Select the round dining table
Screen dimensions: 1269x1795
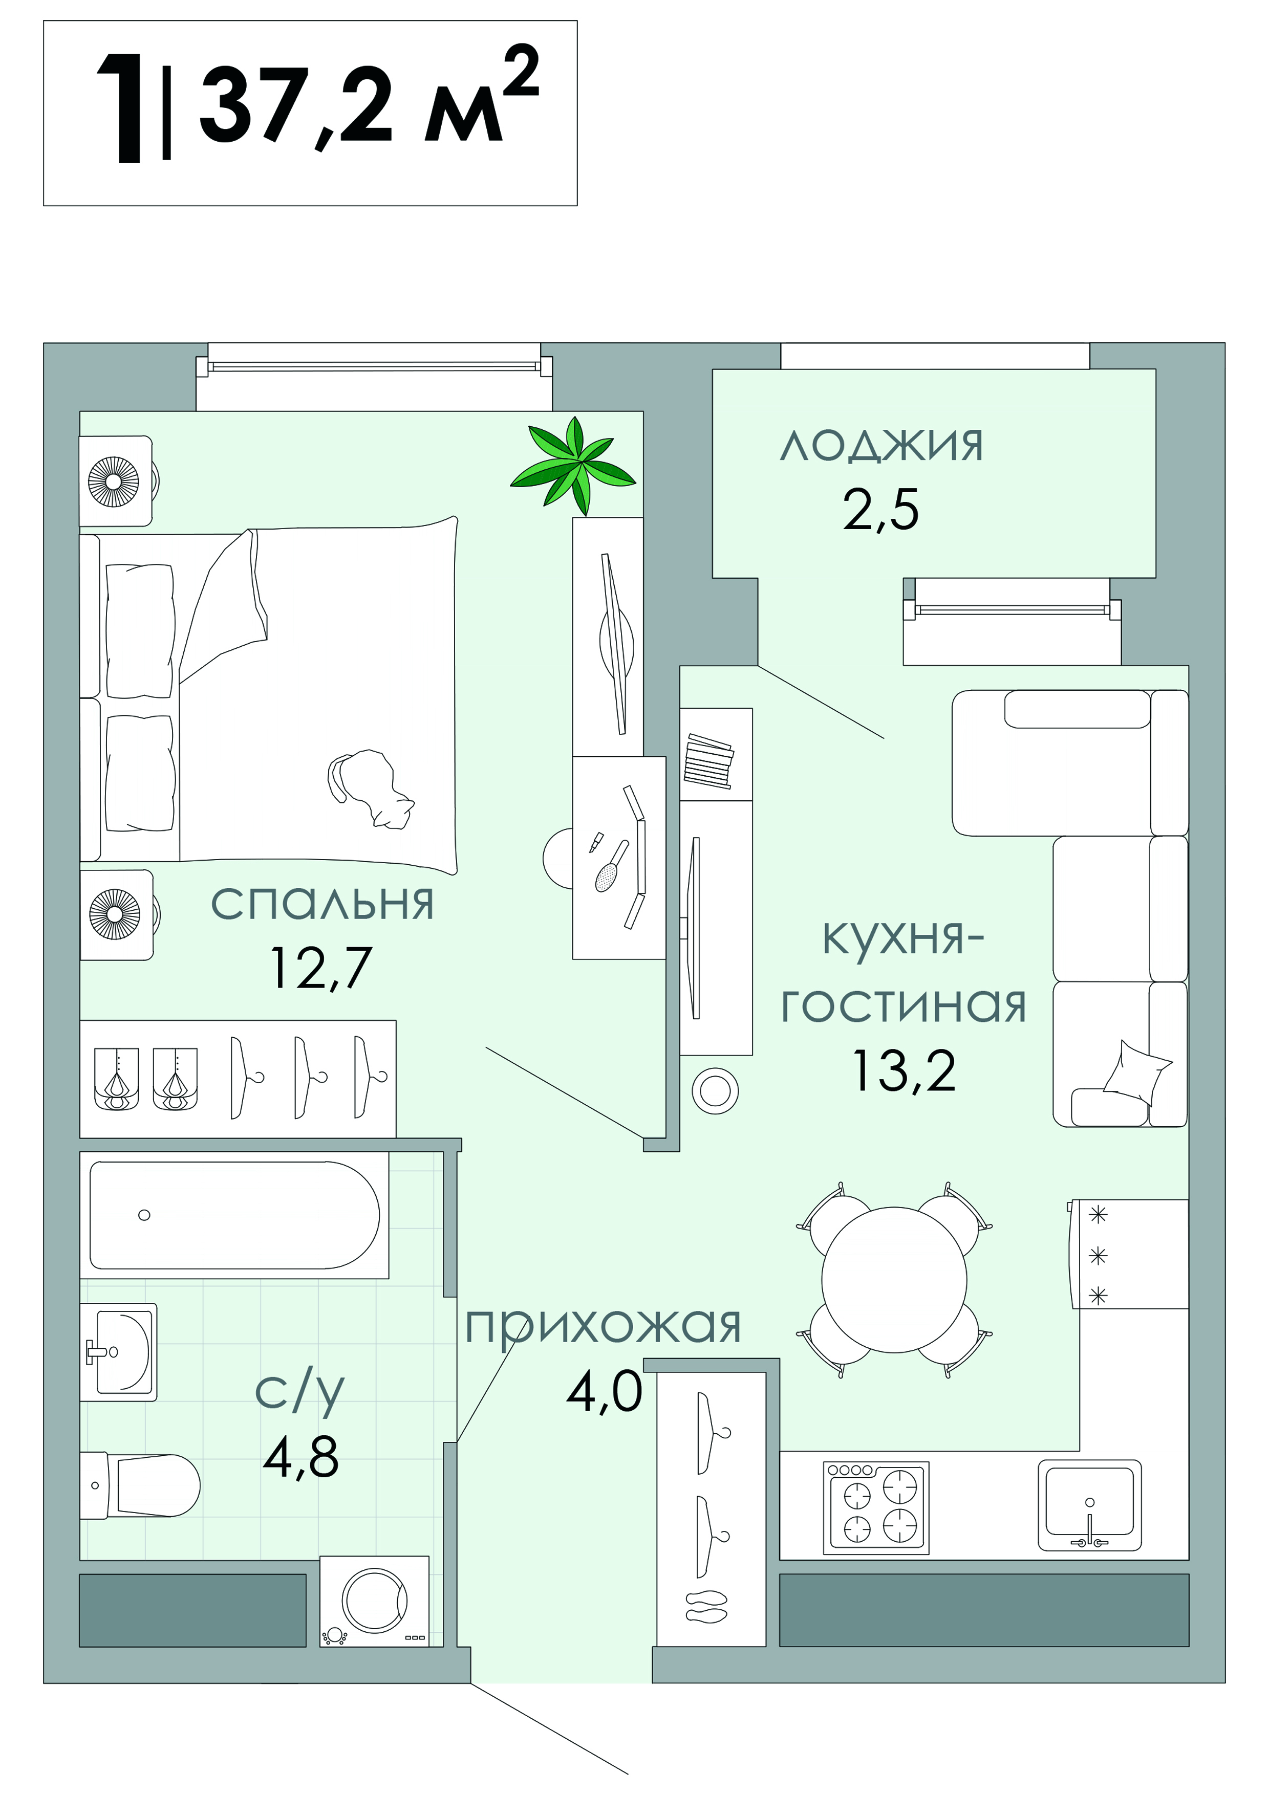[894, 1280]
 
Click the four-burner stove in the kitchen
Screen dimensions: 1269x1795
[876, 1507]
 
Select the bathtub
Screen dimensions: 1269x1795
[234, 1215]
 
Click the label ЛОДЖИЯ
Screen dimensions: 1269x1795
[881, 446]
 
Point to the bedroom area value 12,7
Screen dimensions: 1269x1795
[320, 968]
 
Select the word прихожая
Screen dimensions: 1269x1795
[603, 1326]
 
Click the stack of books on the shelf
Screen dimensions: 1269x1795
[708, 761]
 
